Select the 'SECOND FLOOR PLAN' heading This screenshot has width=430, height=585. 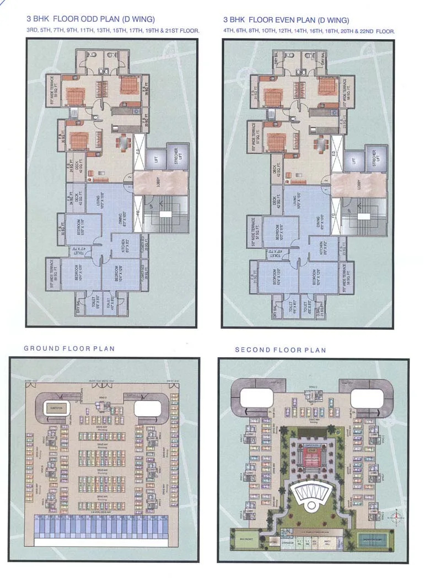pyautogui.click(x=280, y=350)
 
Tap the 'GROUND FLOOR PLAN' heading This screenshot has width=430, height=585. pyautogui.click(x=69, y=348)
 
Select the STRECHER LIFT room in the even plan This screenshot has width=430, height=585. pyautogui.click(x=374, y=158)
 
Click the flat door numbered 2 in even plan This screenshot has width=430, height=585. pyautogui.click(x=326, y=180)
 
